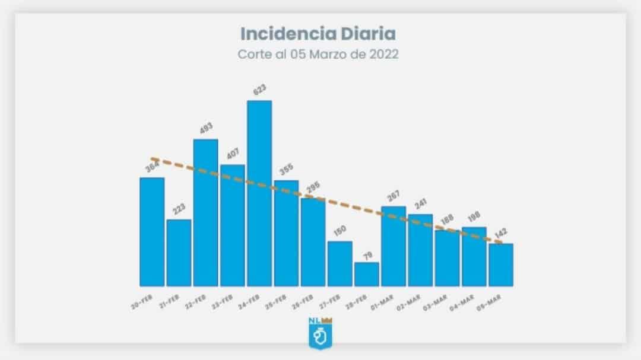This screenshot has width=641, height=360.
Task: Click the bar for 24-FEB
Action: tap(259, 193)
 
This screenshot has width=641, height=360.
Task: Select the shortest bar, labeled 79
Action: tap(367, 274)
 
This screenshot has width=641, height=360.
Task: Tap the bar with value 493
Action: tap(206, 212)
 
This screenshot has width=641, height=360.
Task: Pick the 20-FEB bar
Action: tap(152, 231)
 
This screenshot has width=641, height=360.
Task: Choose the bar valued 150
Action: tap(340, 263)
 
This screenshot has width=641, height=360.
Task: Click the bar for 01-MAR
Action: tap(394, 246)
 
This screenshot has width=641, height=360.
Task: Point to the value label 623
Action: tap(259, 90)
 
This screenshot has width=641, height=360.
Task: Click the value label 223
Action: tap(179, 209)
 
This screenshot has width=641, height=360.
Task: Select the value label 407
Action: tap(232, 154)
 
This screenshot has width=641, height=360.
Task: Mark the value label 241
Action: tap(421, 203)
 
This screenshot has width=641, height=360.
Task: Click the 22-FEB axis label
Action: tap(196, 302)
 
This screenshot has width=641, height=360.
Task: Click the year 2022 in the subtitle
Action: tap(383, 53)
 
